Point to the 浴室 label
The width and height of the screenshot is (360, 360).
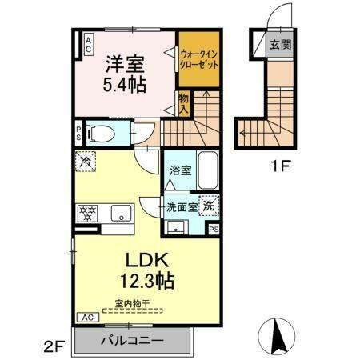tap(179, 170)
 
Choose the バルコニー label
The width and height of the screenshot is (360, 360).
tap(132, 340)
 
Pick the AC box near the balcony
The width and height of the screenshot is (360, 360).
tap(84, 318)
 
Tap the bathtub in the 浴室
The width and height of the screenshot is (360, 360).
tap(207, 170)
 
